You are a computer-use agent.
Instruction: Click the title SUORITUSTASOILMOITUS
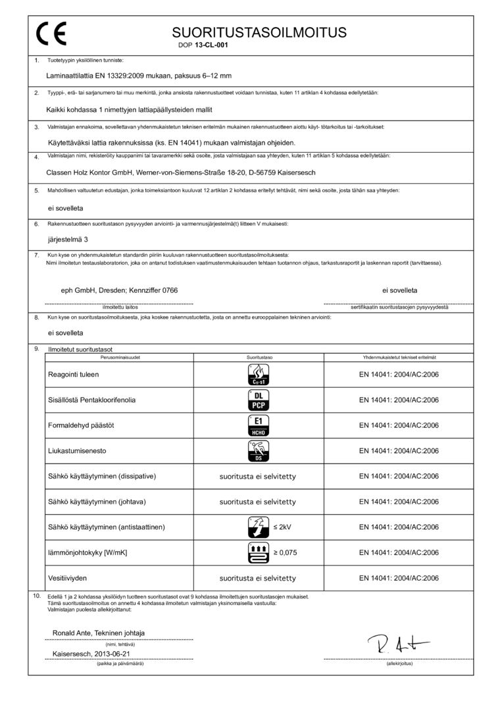coord(259,32)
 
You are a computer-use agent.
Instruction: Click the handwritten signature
coord(399,645)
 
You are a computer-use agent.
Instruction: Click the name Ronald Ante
coord(72,633)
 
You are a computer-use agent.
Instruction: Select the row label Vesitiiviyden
coord(68,578)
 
